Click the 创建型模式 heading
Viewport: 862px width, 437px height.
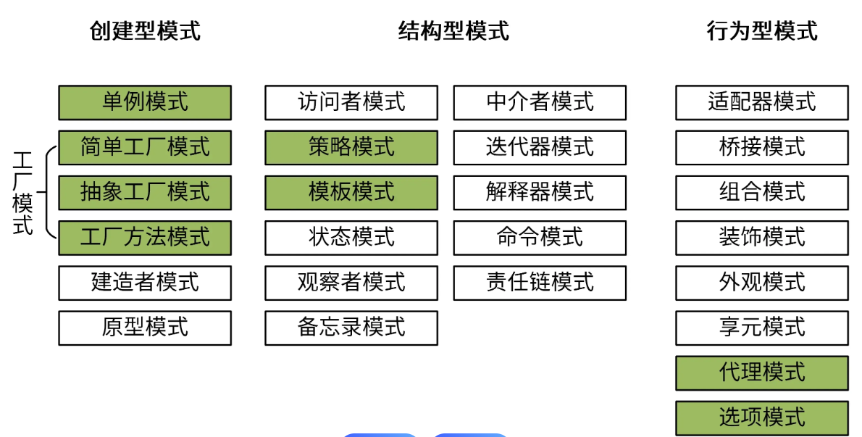tap(145, 31)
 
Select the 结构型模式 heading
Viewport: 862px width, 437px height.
tap(453, 31)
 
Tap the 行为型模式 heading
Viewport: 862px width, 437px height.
tap(762, 31)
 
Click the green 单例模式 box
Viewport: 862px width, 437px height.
tap(145, 102)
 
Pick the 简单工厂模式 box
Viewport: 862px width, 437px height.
tap(145, 147)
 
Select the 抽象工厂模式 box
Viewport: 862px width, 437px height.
tap(145, 192)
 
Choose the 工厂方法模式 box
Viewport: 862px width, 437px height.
tap(145, 237)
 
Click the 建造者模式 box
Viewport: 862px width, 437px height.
tap(145, 282)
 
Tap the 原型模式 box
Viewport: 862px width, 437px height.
tap(145, 327)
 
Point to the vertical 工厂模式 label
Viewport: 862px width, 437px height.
tap(23, 193)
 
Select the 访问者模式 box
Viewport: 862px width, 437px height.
tap(351, 102)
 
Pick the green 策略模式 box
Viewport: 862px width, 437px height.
tap(351, 147)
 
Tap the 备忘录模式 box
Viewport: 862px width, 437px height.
tap(351, 327)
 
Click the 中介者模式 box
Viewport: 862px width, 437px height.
tap(540, 102)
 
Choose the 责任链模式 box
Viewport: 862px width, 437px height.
tap(540, 282)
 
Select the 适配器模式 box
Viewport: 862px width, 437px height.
tap(762, 102)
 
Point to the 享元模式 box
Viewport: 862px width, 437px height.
tap(762, 327)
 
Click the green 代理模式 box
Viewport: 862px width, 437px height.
tap(762, 373)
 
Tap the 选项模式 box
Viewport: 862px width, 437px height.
tap(762, 417)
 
